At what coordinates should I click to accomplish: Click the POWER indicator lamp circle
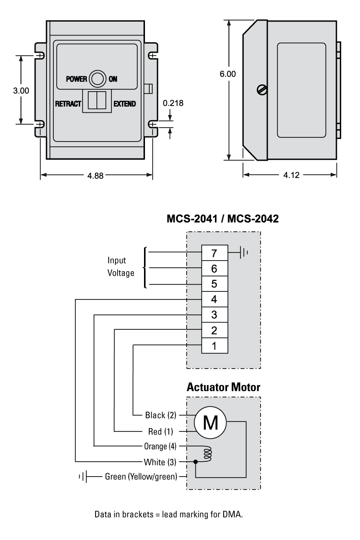coord(98,79)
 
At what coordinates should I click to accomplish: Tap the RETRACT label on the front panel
coord(68,103)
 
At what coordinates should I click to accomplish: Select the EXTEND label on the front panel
coord(124,103)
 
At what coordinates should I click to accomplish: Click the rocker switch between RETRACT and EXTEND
coord(97,101)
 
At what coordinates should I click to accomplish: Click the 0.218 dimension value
coord(173,103)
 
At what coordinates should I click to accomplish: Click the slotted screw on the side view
coord(262,89)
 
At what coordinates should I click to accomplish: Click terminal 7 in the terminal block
coord(214,252)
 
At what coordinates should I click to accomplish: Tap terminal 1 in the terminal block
coord(214,345)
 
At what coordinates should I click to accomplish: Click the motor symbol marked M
coord(210,422)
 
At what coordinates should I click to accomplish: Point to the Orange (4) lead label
coord(160,446)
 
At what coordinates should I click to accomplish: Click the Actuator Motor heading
coord(223,386)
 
